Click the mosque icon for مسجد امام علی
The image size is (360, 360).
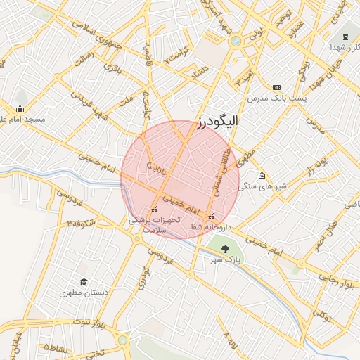(20, 109)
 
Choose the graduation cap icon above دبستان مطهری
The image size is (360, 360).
(83, 281)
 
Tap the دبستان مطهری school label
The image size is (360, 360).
(83, 292)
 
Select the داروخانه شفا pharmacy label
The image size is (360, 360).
(211, 226)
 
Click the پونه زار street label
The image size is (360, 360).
(316, 168)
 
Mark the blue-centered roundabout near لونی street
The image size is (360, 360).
(236, 40)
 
